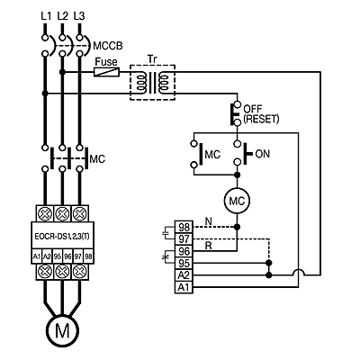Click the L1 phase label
(x=46, y=16)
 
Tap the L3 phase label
(x=79, y=16)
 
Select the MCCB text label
(x=108, y=46)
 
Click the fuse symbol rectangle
(x=106, y=72)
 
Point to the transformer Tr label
(x=152, y=58)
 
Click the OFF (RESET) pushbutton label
(x=261, y=113)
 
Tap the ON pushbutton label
(x=263, y=154)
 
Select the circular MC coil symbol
(x=237, y=201)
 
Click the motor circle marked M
(x=62, y=330)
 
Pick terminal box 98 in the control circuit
(x=184, y=228)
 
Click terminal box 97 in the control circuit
(x=184, y=239)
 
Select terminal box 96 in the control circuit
(x=184, y=251)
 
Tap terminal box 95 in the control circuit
(x=184, y=263)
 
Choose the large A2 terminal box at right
(x=184, y=275)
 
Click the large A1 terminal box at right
(x=184, y=287)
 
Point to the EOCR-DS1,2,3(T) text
(x=62, y=237)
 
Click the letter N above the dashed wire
(x=208, y=221)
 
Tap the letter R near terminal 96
(x=209, y=246)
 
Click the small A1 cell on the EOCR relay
(x=37, y=256)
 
